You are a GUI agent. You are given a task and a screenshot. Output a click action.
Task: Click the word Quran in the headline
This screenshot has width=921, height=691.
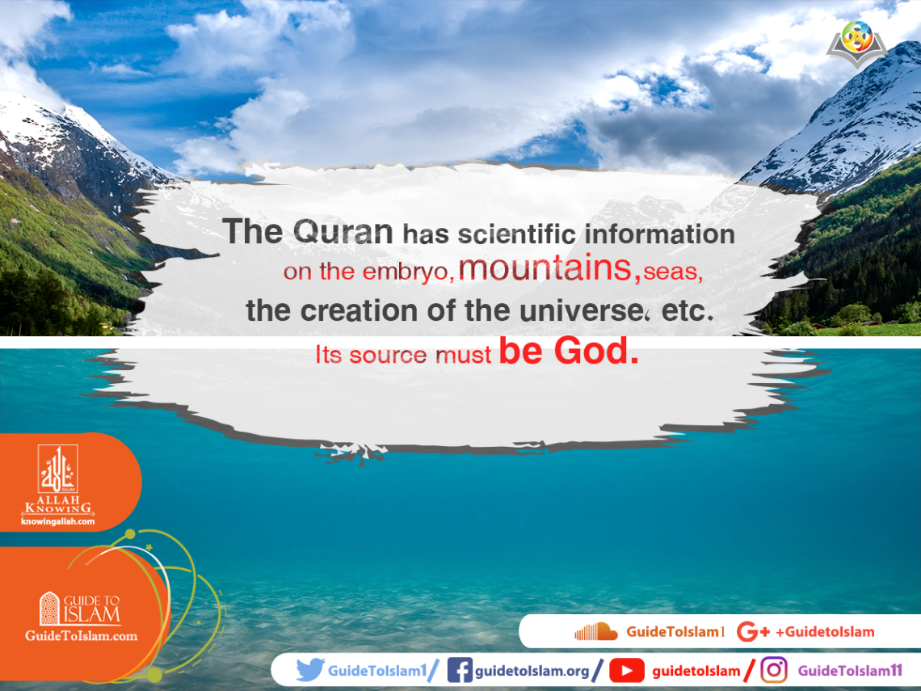click(343, 233)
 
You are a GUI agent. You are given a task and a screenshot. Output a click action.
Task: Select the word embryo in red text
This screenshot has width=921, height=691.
click(409, 272)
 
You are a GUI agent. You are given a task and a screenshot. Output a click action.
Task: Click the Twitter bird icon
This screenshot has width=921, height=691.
click(310, 670)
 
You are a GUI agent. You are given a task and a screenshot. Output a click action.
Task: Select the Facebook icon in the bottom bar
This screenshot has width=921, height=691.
click(459, 670)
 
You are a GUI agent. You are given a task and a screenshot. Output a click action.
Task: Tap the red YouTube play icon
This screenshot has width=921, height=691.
click(627, 670)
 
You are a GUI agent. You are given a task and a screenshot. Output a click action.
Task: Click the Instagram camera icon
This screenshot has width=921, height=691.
click(774, 670)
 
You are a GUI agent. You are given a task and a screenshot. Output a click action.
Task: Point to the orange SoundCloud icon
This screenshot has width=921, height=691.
click(595, 632)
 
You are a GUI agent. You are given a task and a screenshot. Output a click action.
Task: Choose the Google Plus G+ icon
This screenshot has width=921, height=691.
click(753, 632)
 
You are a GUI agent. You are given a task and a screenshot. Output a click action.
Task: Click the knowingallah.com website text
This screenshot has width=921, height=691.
click(57, 521)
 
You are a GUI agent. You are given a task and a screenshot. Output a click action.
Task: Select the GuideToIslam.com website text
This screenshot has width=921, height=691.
click(81, 636)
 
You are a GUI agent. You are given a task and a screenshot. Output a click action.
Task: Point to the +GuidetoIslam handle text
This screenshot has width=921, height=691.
click(824, 632)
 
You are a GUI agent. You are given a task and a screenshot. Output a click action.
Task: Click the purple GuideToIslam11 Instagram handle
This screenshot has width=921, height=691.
click(849, 670)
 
